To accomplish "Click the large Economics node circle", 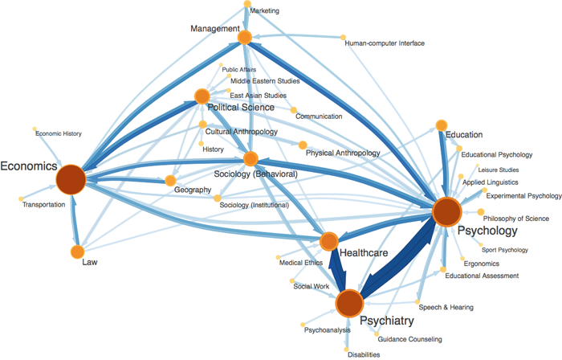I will click(71, 178).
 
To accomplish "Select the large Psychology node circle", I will click(446, 211).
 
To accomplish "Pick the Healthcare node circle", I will click(329, 241).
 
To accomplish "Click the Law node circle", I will click(77, 252).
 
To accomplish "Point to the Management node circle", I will click(245, 37).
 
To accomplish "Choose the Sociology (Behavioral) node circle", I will click(250, 159).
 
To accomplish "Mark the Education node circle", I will click(441, 125).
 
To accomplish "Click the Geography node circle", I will click(170, 180).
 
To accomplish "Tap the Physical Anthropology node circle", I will click(302, 145).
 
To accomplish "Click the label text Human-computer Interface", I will click(385, 43).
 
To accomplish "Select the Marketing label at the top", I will click(265, 11).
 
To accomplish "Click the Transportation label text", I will click(43, 205).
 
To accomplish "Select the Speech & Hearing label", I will click(446, 307).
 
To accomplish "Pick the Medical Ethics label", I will click(301, 263).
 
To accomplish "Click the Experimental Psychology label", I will click(523, 195).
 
